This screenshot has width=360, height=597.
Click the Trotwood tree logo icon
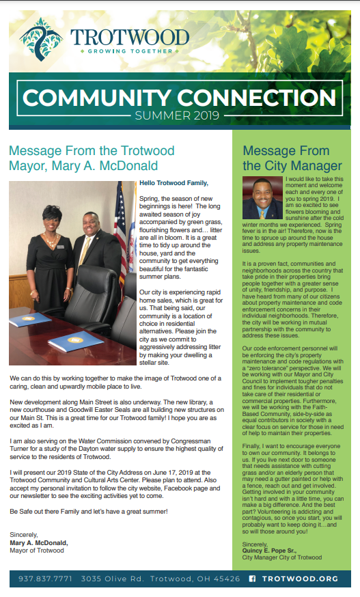41,38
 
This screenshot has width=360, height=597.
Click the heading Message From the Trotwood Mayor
84,158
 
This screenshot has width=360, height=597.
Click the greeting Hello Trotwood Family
174,183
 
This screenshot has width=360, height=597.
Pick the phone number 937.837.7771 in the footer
46,579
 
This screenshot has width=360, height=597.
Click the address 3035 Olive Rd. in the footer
106,579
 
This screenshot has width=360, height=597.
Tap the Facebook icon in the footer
252,579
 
